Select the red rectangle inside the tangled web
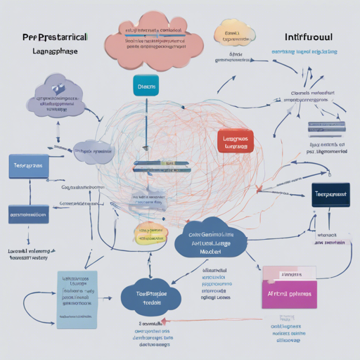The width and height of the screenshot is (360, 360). coord(236,141)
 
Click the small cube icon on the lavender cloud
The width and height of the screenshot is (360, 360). coord(56,88)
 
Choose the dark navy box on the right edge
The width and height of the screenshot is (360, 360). coord(330,194)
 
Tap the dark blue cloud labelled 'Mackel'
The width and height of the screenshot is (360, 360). coord(210,241)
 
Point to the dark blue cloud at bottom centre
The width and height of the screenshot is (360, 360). coord(149,296)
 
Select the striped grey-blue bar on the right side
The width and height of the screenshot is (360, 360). coord(326,129)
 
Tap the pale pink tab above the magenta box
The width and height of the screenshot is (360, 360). coord(288,273)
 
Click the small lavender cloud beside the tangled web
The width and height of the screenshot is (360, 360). coord(94,149)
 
